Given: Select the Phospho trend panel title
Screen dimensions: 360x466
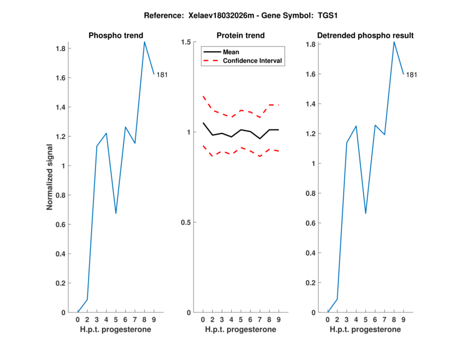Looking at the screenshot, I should (x=115, y=36).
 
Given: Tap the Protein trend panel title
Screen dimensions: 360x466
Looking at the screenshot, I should (x=241, y=36).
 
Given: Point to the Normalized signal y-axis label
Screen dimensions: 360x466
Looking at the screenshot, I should (x=50, y=177).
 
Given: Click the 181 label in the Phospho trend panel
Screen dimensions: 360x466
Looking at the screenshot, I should (x=162, y=75).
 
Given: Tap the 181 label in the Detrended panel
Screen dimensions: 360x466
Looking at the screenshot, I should (x=411, y=75).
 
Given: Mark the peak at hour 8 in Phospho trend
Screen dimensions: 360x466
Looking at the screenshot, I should (x=144, y=42).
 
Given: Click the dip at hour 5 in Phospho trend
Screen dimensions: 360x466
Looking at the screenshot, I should (x=116, y=213).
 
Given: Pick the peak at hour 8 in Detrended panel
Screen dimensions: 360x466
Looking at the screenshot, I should (x=394, y=42).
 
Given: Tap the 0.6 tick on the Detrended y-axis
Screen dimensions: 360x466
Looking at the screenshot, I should (x=315, y=223).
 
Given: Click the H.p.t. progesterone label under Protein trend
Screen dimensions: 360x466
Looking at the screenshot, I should (x=241, y=330).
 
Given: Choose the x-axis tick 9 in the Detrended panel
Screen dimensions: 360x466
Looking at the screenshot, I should (x=404, y=319).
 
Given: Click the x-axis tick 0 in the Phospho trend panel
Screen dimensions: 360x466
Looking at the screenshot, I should (x=78, y=319).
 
